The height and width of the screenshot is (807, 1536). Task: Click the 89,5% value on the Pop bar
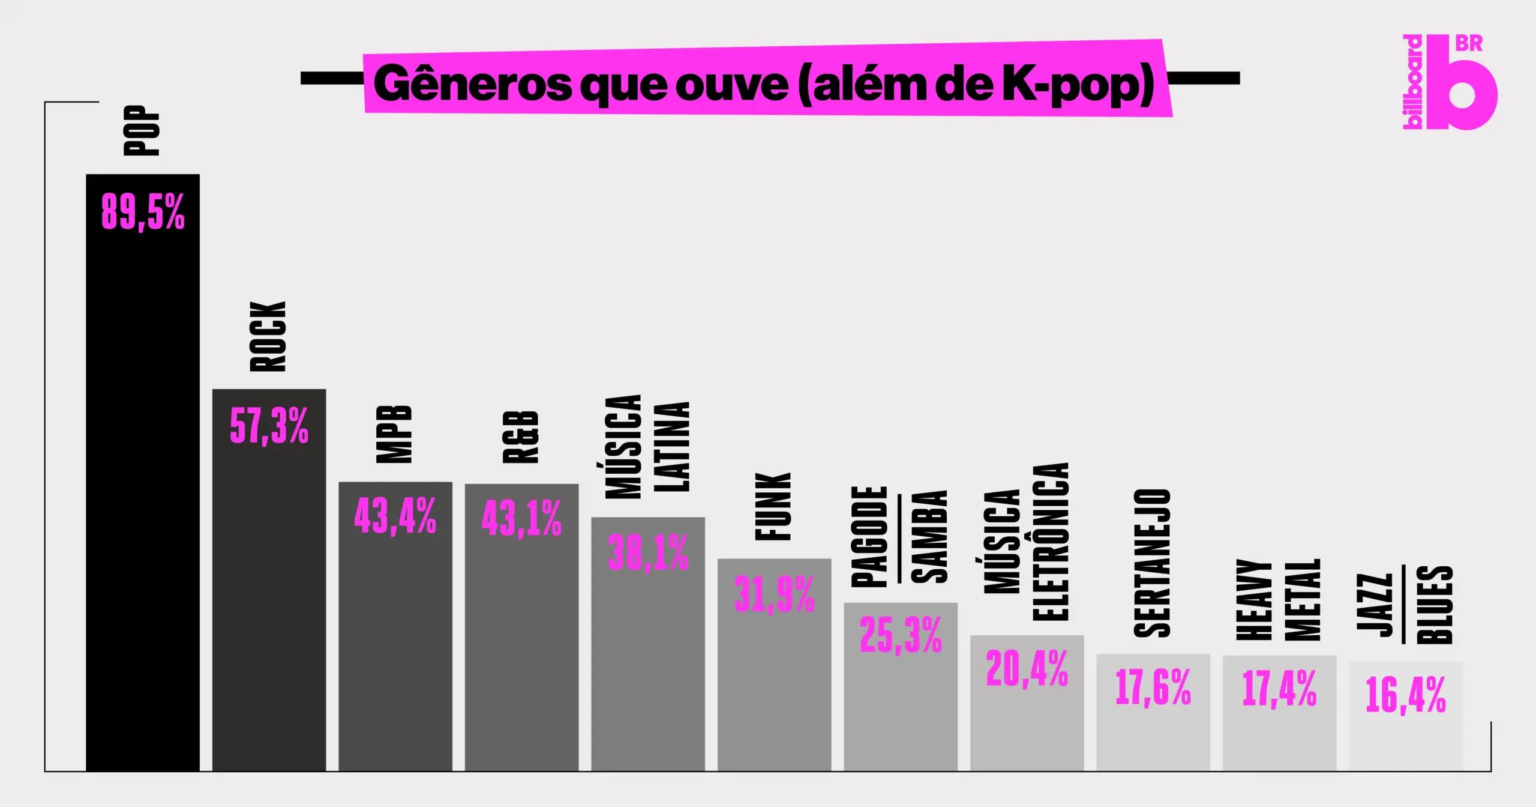pos(143,211)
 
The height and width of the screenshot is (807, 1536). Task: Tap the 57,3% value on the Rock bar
pos(269,426)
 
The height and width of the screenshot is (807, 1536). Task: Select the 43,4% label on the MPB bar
pos(395,516)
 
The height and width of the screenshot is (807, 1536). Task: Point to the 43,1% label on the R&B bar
pos(521,518)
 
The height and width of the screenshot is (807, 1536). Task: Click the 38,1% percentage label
pos(648,552)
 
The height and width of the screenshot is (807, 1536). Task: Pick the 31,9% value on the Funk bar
pos(774,594)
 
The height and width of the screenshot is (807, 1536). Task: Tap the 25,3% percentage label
pos(901,635)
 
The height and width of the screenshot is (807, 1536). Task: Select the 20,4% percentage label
pos(1027,668)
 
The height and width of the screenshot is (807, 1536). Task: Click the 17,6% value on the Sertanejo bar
pos(1153,687)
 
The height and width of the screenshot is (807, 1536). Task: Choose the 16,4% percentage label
pos(1406,695)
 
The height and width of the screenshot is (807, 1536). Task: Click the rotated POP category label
pos(142,130)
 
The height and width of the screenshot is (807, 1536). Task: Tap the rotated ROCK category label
pos(268,337)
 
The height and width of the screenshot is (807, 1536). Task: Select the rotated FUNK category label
pos(773,507)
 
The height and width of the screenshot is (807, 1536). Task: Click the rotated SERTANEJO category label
pos(1153,563)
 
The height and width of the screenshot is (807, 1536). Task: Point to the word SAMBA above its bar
pos(929,537)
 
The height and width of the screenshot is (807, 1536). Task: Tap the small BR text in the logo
pos(1469,44)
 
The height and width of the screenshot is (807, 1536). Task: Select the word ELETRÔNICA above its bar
pos(1051,541)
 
